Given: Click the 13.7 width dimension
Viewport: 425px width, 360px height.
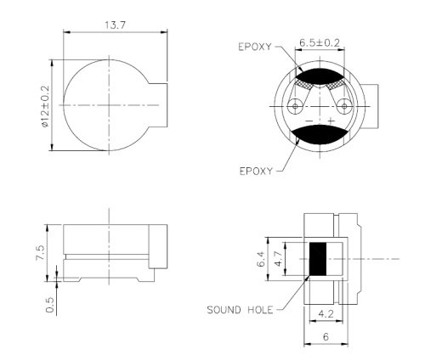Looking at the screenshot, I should [x=110, y=26].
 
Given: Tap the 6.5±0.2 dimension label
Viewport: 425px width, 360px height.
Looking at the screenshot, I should [x=320, y=41].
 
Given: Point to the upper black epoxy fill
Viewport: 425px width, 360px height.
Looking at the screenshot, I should [x=320, y=80].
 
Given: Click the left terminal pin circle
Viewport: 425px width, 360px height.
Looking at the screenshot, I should [x=295, y=106].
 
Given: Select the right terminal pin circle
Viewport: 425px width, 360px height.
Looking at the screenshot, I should [x=344, y=106].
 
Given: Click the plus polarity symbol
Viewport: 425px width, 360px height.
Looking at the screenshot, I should [x=329, y=121].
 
